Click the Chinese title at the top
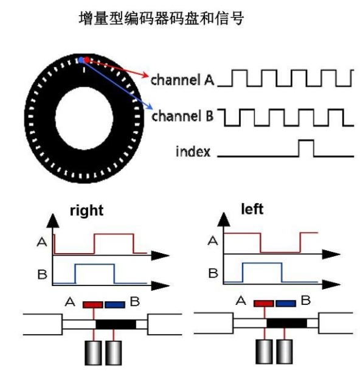coord(161,19)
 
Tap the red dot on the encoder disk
coord(87,60)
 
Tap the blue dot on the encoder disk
coord(80,60)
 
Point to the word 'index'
coord(193,151)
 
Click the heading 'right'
coord(86,211)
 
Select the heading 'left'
coord(252,209)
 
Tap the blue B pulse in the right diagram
coord(93,273)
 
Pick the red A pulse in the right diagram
coord(112,243)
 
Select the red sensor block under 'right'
coord(94,304)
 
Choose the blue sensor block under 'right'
coord(114,304)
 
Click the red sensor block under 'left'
coord(263,302)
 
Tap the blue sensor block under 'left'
coord(285,302)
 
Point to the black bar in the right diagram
coord(116,324)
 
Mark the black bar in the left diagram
coord(286,322)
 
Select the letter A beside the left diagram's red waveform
coord(213,241)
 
